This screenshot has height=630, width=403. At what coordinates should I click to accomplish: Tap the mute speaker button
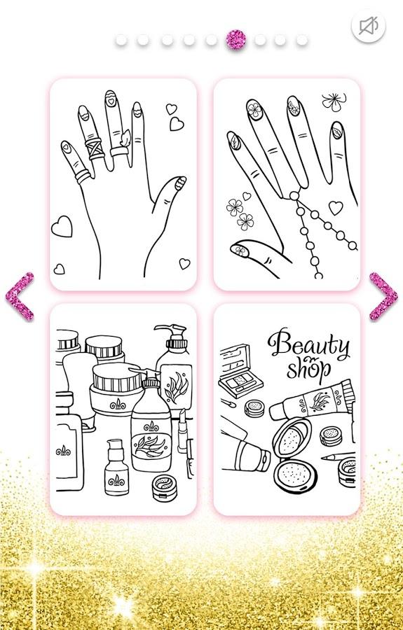click(x=369, y=26)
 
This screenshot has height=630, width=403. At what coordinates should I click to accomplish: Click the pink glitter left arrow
click(x=20, y=297)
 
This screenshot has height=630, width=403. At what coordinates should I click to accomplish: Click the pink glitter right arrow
click(x=383, y=297)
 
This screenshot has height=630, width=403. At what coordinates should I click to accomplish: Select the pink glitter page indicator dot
click(x=235, y=40)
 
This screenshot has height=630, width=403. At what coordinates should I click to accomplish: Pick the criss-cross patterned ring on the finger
click(x=94, y=148)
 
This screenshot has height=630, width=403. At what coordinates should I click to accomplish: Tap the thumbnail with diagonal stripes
click(x=179, y=183)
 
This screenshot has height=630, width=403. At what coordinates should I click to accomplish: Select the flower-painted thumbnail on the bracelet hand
click(x=240, y=250)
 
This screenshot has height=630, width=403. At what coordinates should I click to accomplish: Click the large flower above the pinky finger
click(x=334, y=101)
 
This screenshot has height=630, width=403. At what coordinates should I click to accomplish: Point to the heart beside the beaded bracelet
click(x=336, y=208)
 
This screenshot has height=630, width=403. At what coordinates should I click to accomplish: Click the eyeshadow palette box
click(x=240, y=371)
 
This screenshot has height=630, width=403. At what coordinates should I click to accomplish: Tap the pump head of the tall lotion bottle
click(x=170, y=333)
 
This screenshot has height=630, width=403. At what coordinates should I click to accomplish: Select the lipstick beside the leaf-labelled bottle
click(x=183, y=430)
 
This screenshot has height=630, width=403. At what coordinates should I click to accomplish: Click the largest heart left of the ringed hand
click(x=62, y=227)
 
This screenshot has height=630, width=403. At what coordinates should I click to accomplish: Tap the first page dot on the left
click(x=121, y=40)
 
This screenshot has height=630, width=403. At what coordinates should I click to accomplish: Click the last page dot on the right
click(x=302, y=40)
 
